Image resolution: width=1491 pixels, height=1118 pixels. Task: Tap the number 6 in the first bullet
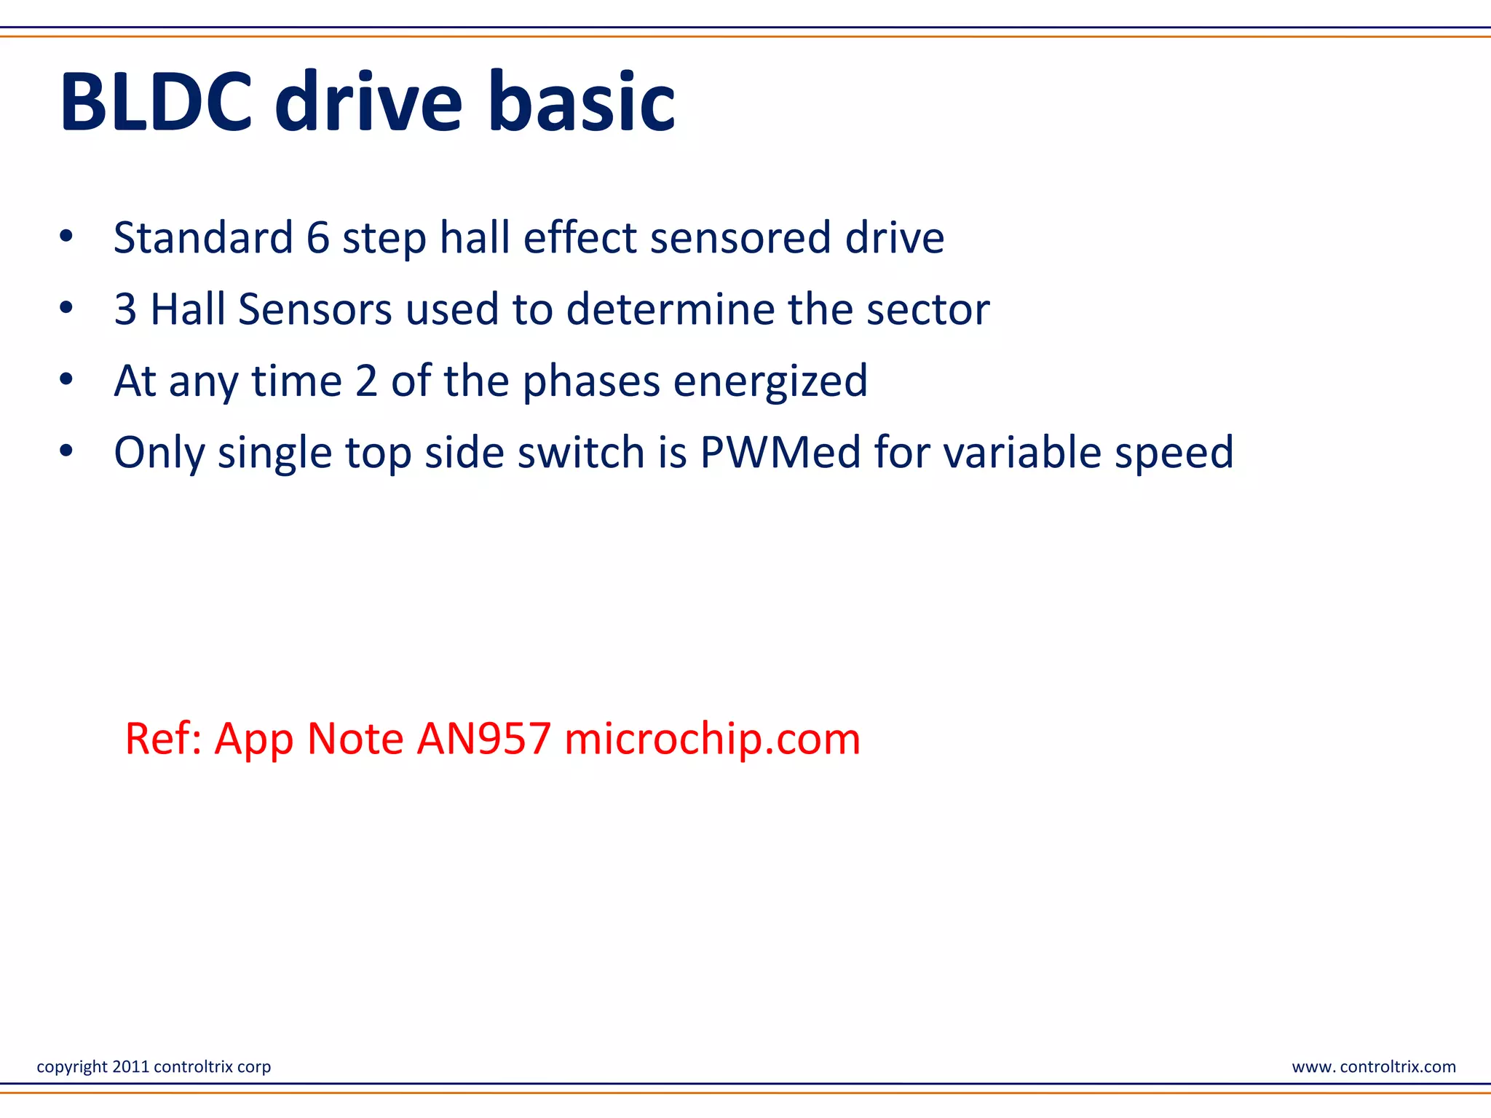pos(318,238)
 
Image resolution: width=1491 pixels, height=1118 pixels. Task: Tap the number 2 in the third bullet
pos(366,381)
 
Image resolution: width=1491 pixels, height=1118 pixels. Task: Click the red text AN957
pos(483,739)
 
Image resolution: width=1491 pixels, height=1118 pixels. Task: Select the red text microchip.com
pos(712,739)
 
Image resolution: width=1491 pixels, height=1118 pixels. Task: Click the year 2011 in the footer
pos(131,1067)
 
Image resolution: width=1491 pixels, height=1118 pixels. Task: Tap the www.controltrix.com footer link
pos(1373,1067)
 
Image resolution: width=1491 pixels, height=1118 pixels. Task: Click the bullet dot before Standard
pos(66,237)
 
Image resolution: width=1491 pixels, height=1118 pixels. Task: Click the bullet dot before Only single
pos(66,451)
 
